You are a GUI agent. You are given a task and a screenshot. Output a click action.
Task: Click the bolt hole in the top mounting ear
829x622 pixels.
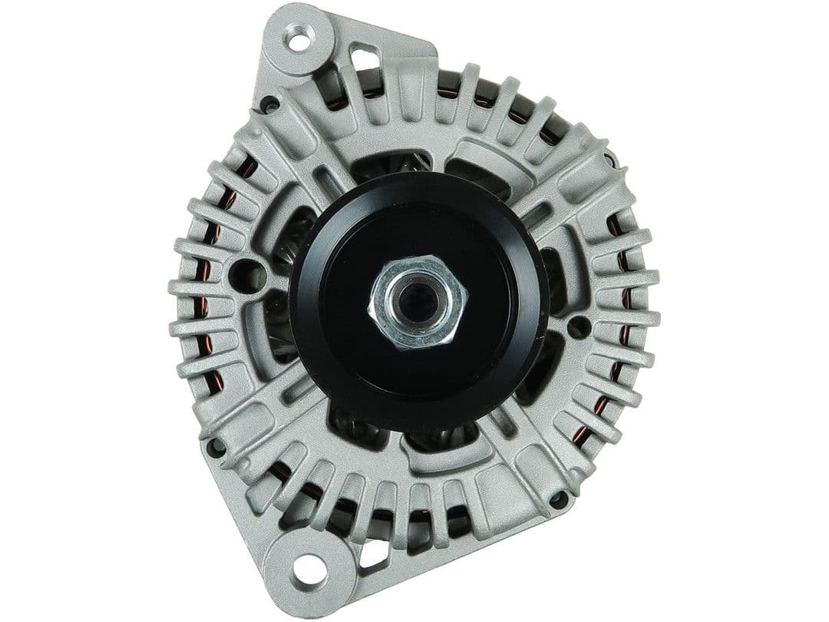click(x=298, y=37)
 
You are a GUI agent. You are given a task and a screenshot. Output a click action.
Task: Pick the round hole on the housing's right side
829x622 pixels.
click(x=577, y=326)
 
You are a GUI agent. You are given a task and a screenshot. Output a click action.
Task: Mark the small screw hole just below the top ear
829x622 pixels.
click(x=269, y=103)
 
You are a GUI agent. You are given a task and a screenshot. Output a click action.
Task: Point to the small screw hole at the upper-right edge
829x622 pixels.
click(x=610, y=159)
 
